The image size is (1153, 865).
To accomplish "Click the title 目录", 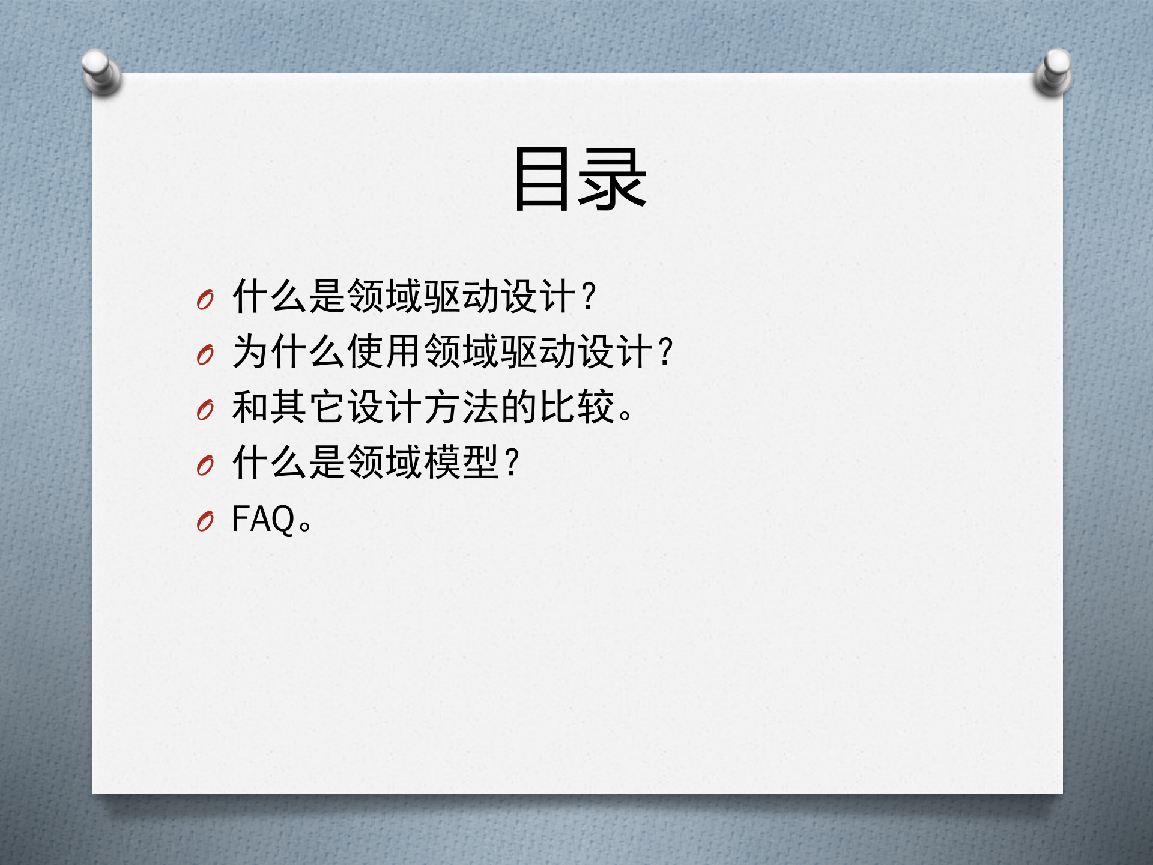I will [x=580, y=179].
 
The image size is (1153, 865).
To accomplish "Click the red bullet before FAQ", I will [x=205, y=521].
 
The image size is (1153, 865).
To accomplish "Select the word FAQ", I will [x=263, y=519].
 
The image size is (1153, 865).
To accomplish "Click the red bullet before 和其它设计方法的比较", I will [x=205, y=410].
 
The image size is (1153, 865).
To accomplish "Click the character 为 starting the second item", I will [x=250, y=351].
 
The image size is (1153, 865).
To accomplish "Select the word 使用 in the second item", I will [x=384, y=351].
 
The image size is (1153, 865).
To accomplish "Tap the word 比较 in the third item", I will [x=576, y=407].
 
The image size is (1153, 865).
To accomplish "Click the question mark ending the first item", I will [x=589, y=296].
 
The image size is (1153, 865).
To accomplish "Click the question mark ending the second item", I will [x=666, y=351].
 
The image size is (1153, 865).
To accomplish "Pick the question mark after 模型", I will [x=512, y=463].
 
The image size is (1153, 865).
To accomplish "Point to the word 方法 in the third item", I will [x=461, y=407].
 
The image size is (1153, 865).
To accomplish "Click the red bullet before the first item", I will [x=205, y=299].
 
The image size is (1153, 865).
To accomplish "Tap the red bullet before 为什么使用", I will [x=205, y=355].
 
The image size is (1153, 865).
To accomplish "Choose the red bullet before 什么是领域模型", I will [x=205, y=466].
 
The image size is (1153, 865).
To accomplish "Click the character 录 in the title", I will [x=613, y=179].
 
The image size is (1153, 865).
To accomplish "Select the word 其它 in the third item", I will [x=307, y=407].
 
